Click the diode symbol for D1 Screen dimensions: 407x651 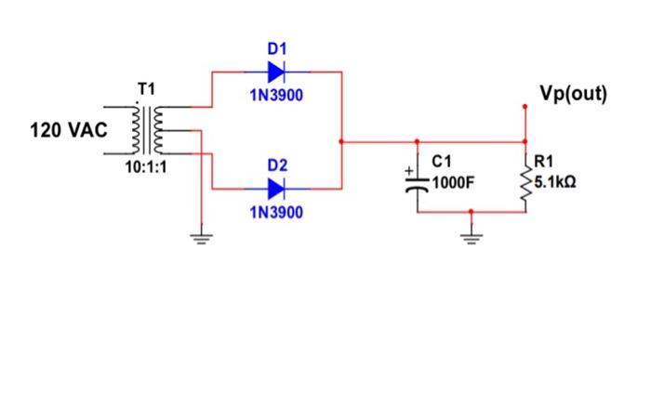point(276,71)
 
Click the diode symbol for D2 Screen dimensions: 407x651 point(276,189)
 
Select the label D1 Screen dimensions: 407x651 point(276,47)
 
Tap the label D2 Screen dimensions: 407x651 point(276,164)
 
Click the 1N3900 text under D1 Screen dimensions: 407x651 point(276,95)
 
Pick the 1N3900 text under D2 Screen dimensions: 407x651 point(276,213)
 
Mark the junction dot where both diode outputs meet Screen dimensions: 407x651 point(342,142)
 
